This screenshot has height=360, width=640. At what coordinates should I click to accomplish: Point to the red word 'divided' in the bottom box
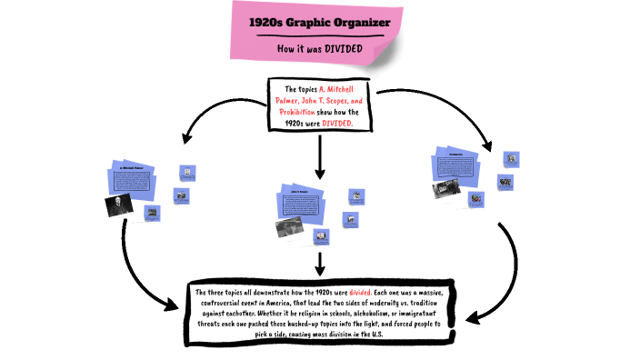point(362,292)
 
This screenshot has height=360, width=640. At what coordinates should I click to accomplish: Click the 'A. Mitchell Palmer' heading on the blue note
point(132,168)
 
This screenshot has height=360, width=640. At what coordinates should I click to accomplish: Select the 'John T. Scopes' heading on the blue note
point(301,192)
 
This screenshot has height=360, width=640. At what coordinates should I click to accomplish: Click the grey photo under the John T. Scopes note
point(289,227)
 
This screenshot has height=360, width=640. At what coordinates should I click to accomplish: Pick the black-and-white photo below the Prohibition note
point(447,190)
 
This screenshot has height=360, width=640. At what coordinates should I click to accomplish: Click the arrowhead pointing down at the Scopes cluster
point(319,172)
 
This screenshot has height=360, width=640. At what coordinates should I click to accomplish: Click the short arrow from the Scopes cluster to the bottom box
point(319,264)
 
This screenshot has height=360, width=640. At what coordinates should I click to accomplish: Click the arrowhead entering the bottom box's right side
point(471,317)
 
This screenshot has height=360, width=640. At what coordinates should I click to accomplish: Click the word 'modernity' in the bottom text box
point(381,302)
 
